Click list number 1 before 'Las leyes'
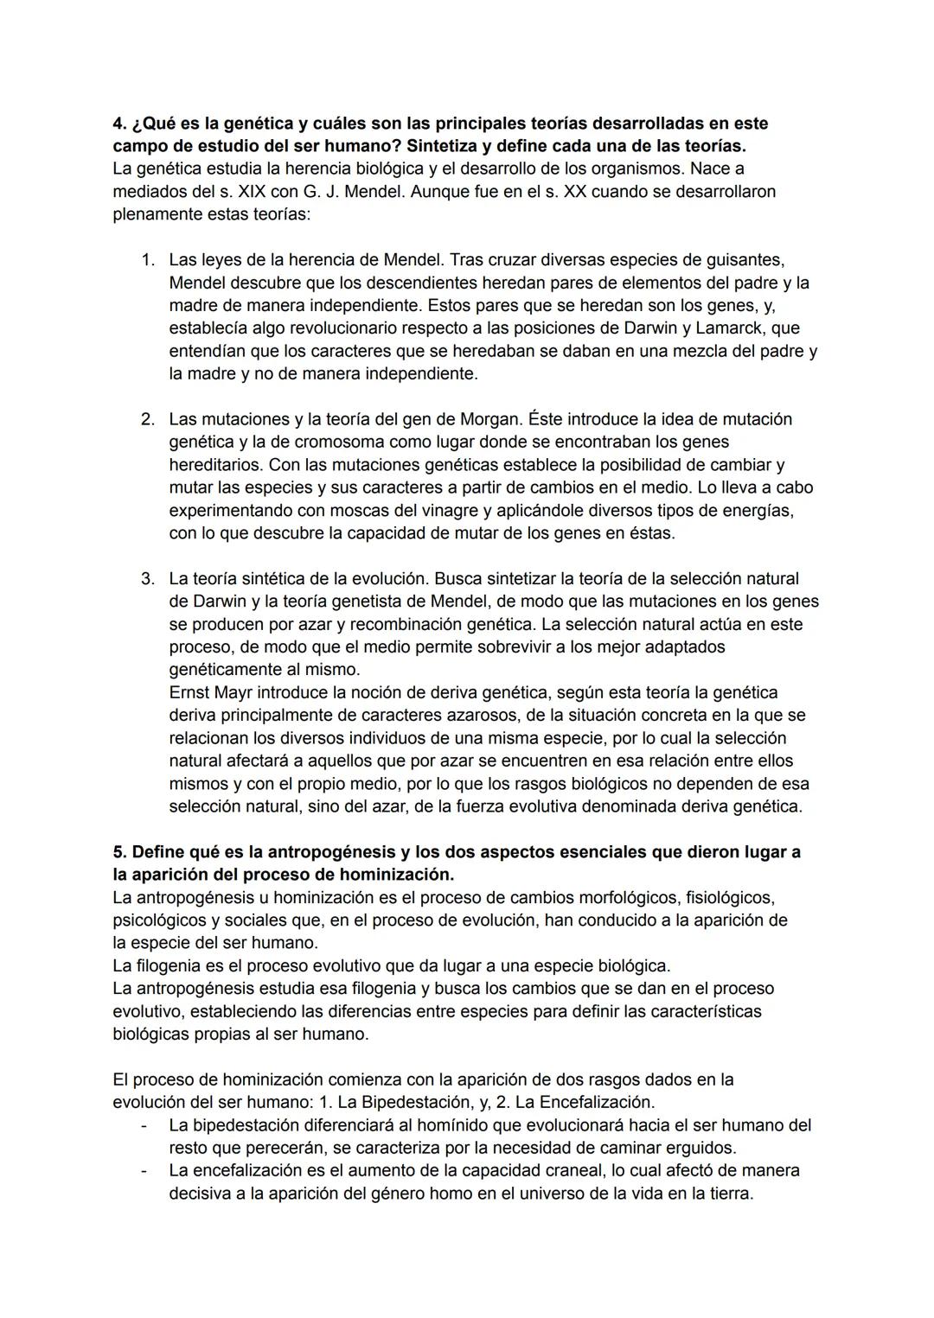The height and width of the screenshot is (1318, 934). (x=148, y=260)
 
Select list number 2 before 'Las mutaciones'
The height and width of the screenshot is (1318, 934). (x=148, y=419)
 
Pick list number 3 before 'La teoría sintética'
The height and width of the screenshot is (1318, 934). (x=148, y=578)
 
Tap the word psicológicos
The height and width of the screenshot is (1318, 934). (x=160, y=920)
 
